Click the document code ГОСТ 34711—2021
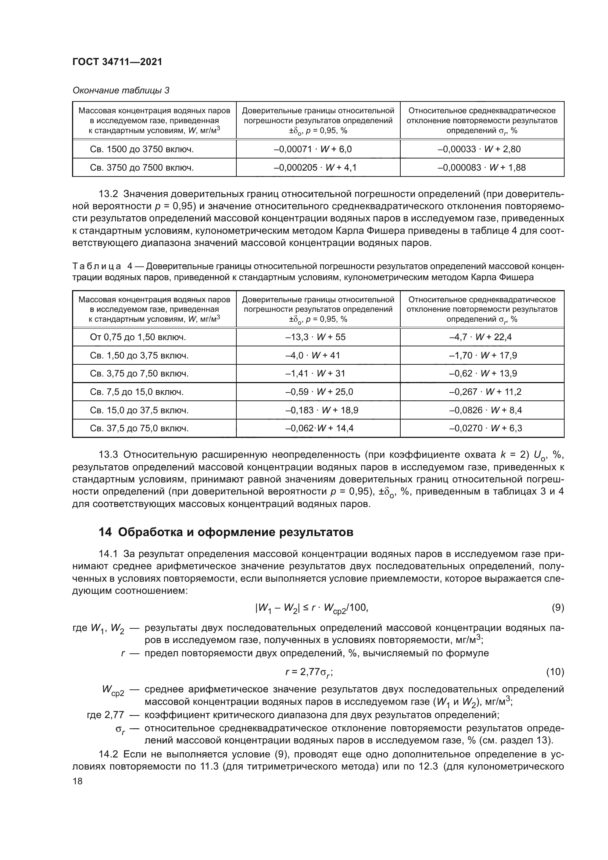117,62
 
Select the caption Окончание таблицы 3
121,90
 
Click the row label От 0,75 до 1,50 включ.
137,337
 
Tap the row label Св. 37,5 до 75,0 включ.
139,428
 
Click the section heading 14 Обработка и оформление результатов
226,532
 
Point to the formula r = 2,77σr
309,672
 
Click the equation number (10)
555,672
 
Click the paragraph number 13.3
108,455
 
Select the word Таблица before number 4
96,267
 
